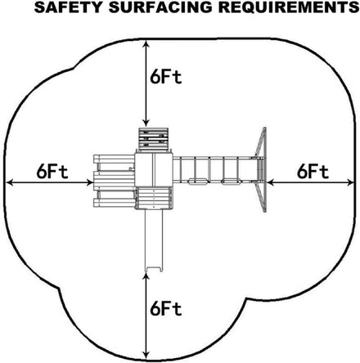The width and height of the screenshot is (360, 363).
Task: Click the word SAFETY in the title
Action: pos(68,7)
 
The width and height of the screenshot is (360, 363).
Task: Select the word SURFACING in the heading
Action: pos(160,7)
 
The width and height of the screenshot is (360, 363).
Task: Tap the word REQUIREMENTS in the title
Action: pos(289,7)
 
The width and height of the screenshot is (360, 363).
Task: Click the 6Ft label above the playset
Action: pos(165,78)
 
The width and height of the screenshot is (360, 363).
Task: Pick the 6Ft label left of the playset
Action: pos(52,173)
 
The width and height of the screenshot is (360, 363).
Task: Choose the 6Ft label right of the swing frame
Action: pos(313,173)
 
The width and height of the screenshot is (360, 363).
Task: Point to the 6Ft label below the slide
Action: pos(165,309)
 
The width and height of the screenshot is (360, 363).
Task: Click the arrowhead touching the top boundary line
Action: pos(146,44)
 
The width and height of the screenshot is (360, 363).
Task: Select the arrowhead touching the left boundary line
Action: pos(10,182)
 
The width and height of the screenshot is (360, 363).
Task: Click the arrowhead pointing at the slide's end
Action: pos(146,277)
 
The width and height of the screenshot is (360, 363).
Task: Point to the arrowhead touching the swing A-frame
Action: pos(271,182)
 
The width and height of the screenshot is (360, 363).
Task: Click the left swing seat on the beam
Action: pos(198,181)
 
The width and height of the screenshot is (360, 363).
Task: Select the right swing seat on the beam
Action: pos(231,181)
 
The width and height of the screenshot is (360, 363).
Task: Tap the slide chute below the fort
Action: pos(154,240)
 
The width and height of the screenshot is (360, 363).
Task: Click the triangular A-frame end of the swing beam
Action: pos(261,169)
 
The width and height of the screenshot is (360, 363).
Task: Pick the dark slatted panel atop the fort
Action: pos(153,139)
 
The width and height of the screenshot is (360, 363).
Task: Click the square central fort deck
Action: pos(154,169)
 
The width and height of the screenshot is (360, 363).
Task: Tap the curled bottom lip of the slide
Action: pos(154,270)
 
